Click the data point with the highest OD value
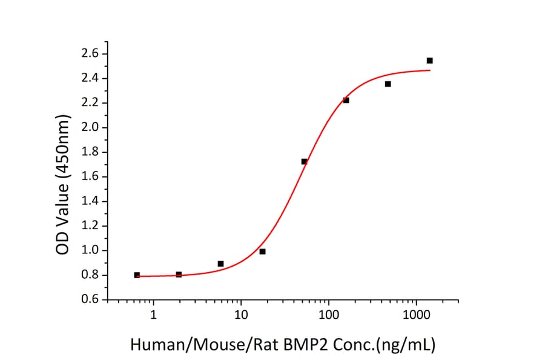(x=429, y=61)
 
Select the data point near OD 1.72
(x=304, y=161)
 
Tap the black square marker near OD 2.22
(x=346, y=100)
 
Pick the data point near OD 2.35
(x=388, y=84)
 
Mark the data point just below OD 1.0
(x=262, y=251)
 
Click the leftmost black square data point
(x=137, y=275)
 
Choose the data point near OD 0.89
(x=220, y=264)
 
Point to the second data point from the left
(x=179, y=275)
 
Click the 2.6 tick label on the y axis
(x=90, y=54)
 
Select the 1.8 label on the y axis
(x=90, y=152)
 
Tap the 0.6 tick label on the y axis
(x=90, y=300)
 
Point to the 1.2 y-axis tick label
(x=90, y=226)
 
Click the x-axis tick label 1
(x=153, y=316)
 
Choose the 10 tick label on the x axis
(x=241, y=316)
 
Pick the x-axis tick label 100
(x=329, y=316)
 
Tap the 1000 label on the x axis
(x=416, y=316)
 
